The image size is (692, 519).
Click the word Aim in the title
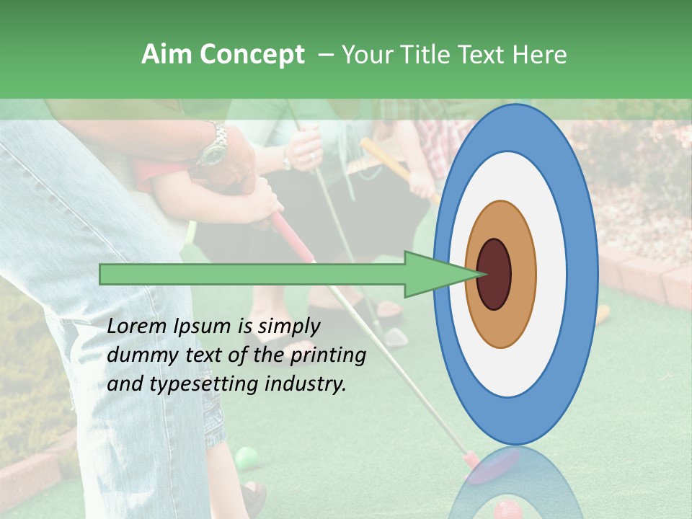tap(167, 55)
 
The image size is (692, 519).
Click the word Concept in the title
tap(252, 56)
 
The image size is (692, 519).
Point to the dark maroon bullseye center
tap(494, 274)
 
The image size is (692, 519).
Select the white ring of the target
tap(551, 274)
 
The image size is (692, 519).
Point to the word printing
tap(328, 356)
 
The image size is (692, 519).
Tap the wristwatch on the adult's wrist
tap(213, 150)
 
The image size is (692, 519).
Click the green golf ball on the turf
tap(247, 457)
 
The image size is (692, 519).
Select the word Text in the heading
tap(484, 55)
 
